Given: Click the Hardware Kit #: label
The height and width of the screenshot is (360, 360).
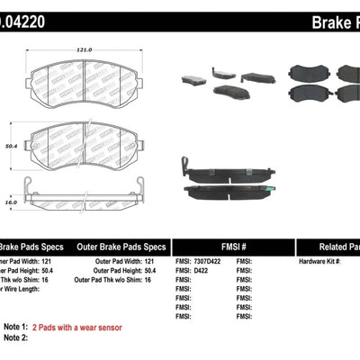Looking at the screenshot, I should tap(322, 260).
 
